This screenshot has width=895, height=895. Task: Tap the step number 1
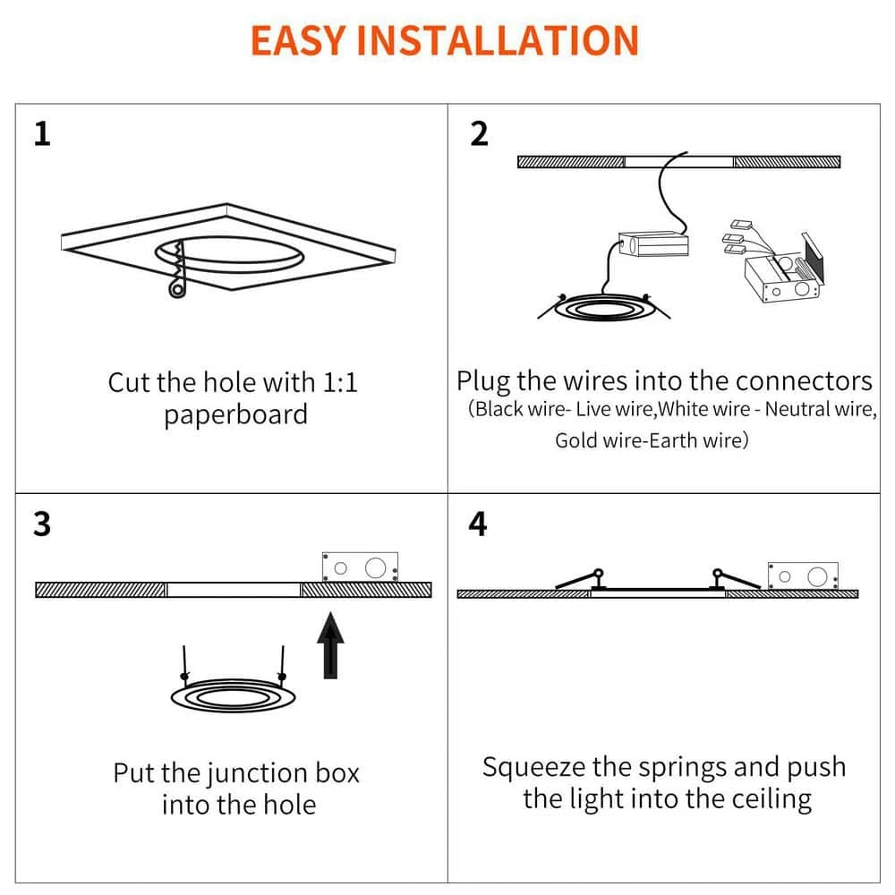42,134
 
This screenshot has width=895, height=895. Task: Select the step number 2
480,134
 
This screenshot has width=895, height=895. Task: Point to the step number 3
42,524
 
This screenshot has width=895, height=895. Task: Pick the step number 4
479,524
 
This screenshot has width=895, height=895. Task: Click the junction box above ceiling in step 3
359,567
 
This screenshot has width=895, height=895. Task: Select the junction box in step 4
803,575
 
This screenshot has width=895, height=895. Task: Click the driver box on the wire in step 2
653,243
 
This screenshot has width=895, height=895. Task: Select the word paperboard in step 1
235,415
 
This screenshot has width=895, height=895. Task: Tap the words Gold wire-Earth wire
651,440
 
